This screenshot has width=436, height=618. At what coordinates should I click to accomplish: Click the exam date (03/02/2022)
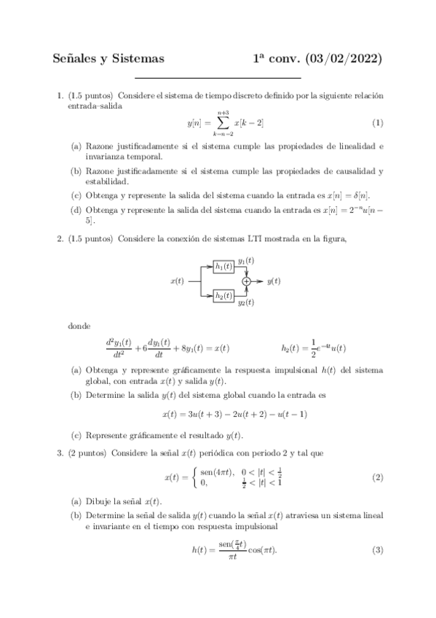(x=340, y=58)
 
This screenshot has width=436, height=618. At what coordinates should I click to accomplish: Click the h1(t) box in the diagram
(x=223, y=266)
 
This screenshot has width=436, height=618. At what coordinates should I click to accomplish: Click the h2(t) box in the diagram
(x=223, y=294)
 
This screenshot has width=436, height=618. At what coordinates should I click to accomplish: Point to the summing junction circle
(x=247, y=281)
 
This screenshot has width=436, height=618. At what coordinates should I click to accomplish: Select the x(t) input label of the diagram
(x=176, y=281)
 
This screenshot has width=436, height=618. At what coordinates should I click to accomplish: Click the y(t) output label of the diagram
(x=274, y=281)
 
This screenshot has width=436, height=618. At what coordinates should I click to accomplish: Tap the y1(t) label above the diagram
(x=246, y=261)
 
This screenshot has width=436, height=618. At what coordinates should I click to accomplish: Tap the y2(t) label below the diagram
(x=246, y=302)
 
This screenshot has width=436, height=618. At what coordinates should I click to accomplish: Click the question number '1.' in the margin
(x=60, y=95)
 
